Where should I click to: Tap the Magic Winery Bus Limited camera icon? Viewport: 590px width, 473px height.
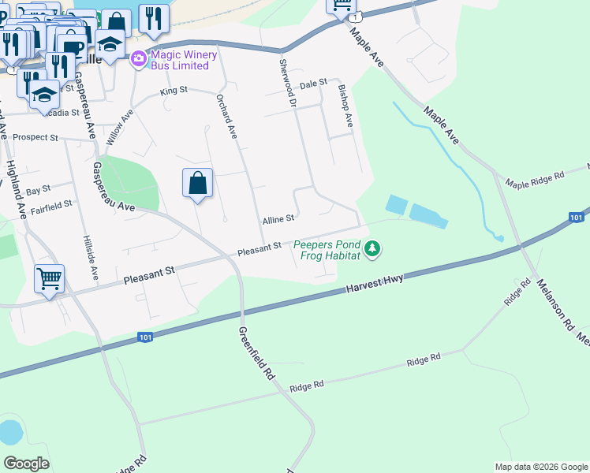click(x=139, y=58)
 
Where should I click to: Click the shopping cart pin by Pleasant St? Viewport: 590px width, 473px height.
click(x=49, y=278)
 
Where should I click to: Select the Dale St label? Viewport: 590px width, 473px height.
click(x=312, y=82)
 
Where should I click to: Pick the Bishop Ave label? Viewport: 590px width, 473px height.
click(x=345, y=108)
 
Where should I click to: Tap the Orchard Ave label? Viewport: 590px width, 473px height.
click(x=226, y=117)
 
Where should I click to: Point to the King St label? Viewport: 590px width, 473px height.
click(x=174, y=91)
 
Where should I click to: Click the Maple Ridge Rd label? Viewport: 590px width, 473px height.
click(x=536, y=177)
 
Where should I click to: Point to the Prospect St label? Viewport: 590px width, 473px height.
click(x=35, y=137)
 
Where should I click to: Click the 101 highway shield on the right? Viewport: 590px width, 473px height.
click(x=577, y=217)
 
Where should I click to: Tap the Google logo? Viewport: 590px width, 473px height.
click(x=26, y=463)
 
